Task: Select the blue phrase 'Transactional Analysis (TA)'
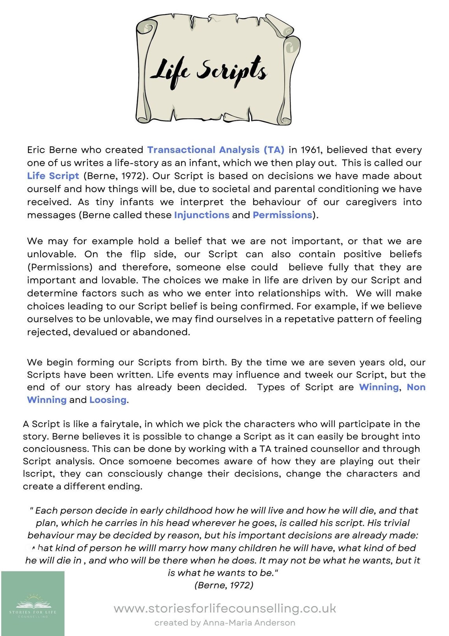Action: (215, 150)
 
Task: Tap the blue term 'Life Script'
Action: (53, 176)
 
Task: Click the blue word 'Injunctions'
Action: (202, 215)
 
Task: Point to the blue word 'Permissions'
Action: (282, 215)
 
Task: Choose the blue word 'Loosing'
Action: (108, 400)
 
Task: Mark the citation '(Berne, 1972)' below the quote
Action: (224, 585)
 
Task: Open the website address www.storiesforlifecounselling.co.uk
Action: (224, 608)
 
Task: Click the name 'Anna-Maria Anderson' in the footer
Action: (249, 623)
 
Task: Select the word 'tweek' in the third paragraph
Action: (319, 375)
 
